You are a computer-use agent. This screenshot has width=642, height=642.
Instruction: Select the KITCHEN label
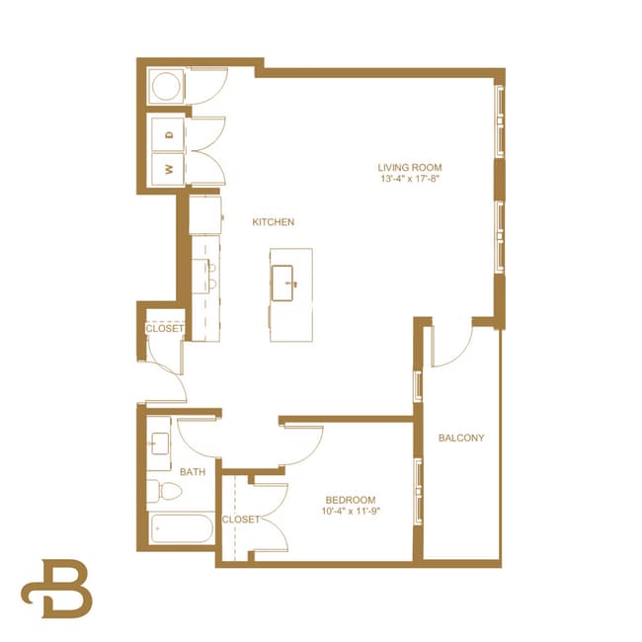click(x=273, y=222)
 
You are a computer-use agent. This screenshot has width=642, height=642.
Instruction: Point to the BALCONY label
click(x=461, y=438)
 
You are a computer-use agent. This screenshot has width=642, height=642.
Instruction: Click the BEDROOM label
click(x=350, y=500)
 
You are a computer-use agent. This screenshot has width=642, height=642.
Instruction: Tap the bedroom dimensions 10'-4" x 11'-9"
click(x=350, y=513)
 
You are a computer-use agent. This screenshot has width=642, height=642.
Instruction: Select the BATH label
click(x=193, y=472)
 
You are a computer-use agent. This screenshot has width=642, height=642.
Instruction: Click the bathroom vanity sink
click(x=158, y=442)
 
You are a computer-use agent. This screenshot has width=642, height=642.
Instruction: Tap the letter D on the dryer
click(x=169, y=133)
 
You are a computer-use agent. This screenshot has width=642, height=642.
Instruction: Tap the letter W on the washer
click(x=169, y=169)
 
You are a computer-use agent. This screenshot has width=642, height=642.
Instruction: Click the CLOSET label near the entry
click(x=165, y=329)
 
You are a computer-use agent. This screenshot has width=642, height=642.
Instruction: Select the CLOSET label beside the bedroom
click(x=240, y=519)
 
